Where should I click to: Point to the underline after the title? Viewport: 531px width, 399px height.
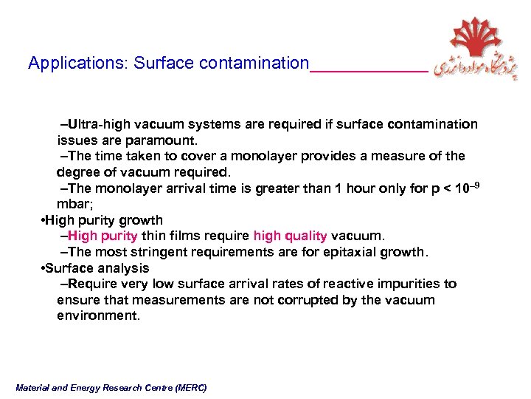369,70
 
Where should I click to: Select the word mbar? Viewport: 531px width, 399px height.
72,204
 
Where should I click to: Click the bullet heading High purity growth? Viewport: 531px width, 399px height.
105,220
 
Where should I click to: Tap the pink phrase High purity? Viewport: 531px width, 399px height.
103,236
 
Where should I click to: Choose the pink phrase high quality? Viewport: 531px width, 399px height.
290,236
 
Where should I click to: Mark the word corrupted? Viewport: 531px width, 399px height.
263,300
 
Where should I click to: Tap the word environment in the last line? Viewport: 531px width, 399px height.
97,316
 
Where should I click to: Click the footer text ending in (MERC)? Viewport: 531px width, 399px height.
111,388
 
